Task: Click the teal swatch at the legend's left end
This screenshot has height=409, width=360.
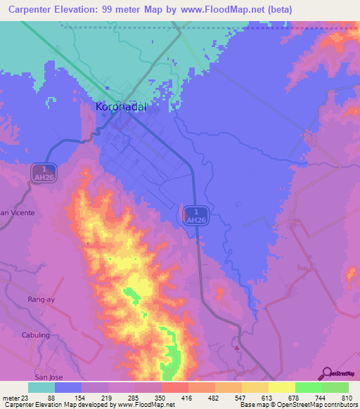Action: pyautogui.click(x=41, y=387)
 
